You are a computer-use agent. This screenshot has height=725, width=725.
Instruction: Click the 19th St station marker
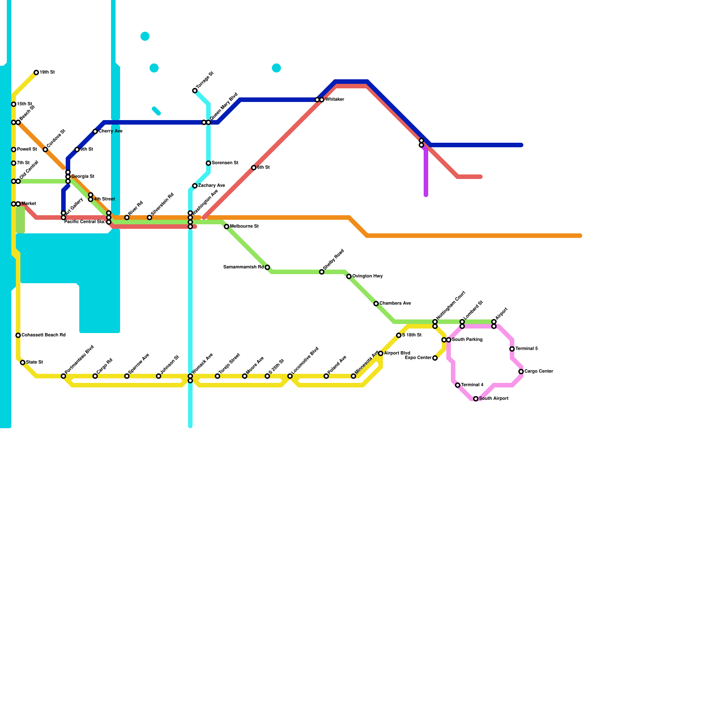coord(36,72)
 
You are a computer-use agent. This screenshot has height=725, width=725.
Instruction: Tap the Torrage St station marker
coord(195,91)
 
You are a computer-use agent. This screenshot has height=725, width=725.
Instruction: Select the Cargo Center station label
coord(539,372)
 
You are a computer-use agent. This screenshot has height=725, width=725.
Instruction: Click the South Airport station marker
coord(476,399)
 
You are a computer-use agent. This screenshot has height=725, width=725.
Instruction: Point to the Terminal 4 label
coord(472,385)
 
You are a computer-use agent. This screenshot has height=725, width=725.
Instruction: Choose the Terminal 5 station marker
coord(512,349)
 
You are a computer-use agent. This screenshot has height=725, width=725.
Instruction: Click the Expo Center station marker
coord(435,358)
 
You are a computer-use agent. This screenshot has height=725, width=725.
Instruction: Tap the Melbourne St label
coord(244,227)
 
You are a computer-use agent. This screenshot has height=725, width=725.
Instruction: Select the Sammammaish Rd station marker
coord(267,267)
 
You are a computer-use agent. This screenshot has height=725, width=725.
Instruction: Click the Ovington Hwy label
coord(367,276)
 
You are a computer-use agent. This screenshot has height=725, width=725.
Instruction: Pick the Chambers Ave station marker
coord(376,304)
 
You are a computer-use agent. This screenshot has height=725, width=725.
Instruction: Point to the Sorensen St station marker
coord(208,163)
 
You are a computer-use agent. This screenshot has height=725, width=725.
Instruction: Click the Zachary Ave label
coord(212,186)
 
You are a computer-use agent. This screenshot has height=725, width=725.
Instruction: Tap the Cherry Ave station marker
coord(95,131)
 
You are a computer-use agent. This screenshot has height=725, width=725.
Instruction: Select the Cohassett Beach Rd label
coord(43,335)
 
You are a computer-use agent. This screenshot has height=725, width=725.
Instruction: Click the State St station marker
coord(23,362)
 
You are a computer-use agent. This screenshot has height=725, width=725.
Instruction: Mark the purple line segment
coord(426,172)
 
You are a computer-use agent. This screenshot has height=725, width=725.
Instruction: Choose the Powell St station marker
coord(14,150)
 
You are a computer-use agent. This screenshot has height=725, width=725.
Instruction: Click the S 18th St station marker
coord(399,335)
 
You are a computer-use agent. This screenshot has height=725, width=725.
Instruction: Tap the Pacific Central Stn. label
coord(84,222)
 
